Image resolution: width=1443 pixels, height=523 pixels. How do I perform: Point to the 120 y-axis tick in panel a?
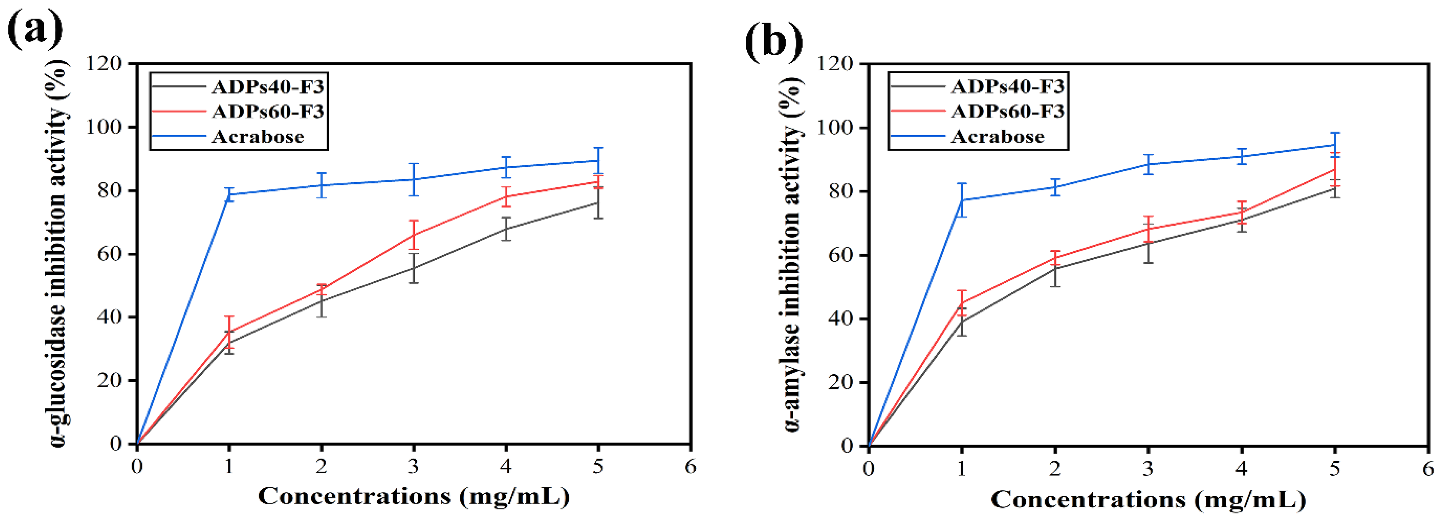104,64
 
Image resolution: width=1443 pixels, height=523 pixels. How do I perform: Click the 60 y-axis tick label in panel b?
842,255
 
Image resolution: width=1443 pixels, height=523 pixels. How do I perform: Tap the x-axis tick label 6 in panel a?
690,466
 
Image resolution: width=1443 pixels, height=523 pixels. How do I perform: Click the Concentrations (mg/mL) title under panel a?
413,497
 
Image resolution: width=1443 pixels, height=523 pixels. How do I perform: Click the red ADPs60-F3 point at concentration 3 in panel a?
413,234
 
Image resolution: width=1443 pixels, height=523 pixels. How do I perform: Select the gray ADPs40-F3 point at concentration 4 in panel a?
506,228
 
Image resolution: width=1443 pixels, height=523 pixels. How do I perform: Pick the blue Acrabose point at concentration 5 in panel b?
1335,145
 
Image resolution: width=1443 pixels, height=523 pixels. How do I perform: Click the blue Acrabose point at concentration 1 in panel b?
962,200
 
